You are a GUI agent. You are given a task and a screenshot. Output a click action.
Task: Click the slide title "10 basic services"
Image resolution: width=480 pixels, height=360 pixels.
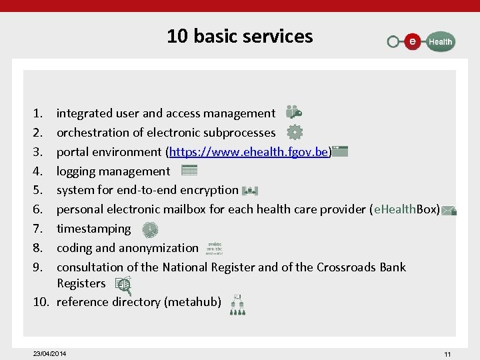pos(239,36)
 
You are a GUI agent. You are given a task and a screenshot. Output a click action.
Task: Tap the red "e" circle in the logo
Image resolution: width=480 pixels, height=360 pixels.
pos(413,41)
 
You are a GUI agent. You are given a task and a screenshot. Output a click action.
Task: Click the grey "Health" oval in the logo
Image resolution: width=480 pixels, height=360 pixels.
pos(439,41)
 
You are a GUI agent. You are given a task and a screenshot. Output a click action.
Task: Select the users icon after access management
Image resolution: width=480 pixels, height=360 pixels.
pos(293,113)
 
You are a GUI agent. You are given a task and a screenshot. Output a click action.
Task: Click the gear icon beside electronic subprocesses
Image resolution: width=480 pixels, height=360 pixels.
pos(295,132)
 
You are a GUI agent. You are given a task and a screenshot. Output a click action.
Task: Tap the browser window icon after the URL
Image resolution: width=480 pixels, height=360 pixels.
pos(340,151)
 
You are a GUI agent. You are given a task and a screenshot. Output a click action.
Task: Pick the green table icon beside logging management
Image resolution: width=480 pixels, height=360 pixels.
pos(189,171)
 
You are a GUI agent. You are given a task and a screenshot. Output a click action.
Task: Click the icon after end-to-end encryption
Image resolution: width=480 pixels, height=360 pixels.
pos(249,190)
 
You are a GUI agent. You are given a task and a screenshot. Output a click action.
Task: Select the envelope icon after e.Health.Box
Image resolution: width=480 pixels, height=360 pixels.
pos(449,211)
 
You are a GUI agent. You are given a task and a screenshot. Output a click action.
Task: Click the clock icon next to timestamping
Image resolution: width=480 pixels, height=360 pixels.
pos(150,229)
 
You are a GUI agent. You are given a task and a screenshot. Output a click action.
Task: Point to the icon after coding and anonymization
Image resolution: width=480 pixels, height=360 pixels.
pos(214,248)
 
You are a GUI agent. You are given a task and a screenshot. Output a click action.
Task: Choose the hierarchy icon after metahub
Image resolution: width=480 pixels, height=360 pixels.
pos(237,304)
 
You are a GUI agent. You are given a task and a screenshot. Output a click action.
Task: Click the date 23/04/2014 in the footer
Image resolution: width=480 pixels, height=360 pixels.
pos(49,353)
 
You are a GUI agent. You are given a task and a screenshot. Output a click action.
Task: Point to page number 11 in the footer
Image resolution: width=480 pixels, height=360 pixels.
pos(447,353)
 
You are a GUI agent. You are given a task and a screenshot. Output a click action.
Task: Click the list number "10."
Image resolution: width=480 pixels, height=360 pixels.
pos(41,302)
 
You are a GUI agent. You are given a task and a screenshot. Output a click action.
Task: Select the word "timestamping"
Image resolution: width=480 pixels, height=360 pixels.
pos(93,229)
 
